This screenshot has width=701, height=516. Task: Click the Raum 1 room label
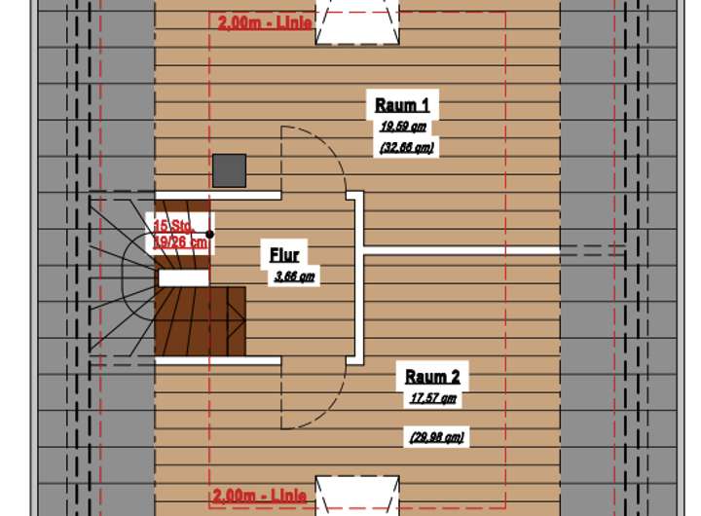[402, 106]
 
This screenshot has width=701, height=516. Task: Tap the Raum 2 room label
[432, 377]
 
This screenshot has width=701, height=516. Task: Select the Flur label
[284, 255]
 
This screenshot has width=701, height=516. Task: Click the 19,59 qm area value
[403, 127]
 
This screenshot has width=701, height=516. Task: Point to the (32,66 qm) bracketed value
[405, 147]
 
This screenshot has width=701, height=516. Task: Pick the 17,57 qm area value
[432, 398]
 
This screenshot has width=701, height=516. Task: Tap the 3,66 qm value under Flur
[294, 276]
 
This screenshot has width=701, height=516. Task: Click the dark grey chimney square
[229, 170]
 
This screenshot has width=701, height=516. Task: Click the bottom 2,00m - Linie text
[260, 497]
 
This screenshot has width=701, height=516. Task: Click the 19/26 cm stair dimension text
[180, 241]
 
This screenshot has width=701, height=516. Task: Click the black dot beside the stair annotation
[209, 235]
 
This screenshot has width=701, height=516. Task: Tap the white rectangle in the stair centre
[183, 278]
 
